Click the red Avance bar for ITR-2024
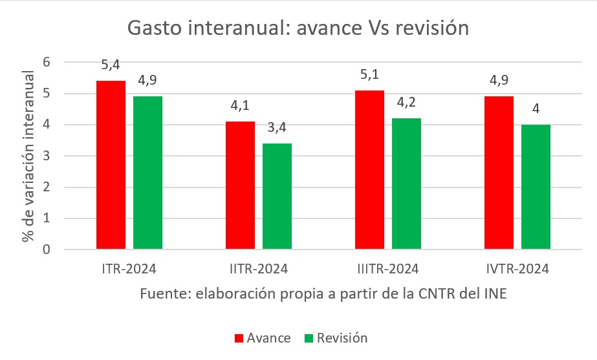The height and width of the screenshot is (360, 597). click(x=111, y=165)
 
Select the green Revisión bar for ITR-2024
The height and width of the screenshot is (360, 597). click(x=147, y=173)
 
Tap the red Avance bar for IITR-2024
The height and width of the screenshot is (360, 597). click(x=241, y=185)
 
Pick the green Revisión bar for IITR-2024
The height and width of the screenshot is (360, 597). click(x=277, y=196)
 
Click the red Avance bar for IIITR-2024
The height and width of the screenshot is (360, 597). click(x=370, y=169)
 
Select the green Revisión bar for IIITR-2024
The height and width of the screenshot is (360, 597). click(x=406, y=184)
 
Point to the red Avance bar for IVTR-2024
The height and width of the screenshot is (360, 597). click(x=499, y=173)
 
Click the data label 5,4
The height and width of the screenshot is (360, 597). click(x=111, y=65)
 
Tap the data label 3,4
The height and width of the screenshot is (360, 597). click(x=277, y=128)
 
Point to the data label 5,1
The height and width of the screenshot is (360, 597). click(x=370, y=75)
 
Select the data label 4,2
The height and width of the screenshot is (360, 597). click(x=406, y=103)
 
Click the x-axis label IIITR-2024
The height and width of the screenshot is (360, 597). click(x=388, y=269)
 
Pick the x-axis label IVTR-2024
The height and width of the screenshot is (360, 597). click(x=517, y=269)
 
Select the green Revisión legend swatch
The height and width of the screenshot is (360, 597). click(x=309, y=338)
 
